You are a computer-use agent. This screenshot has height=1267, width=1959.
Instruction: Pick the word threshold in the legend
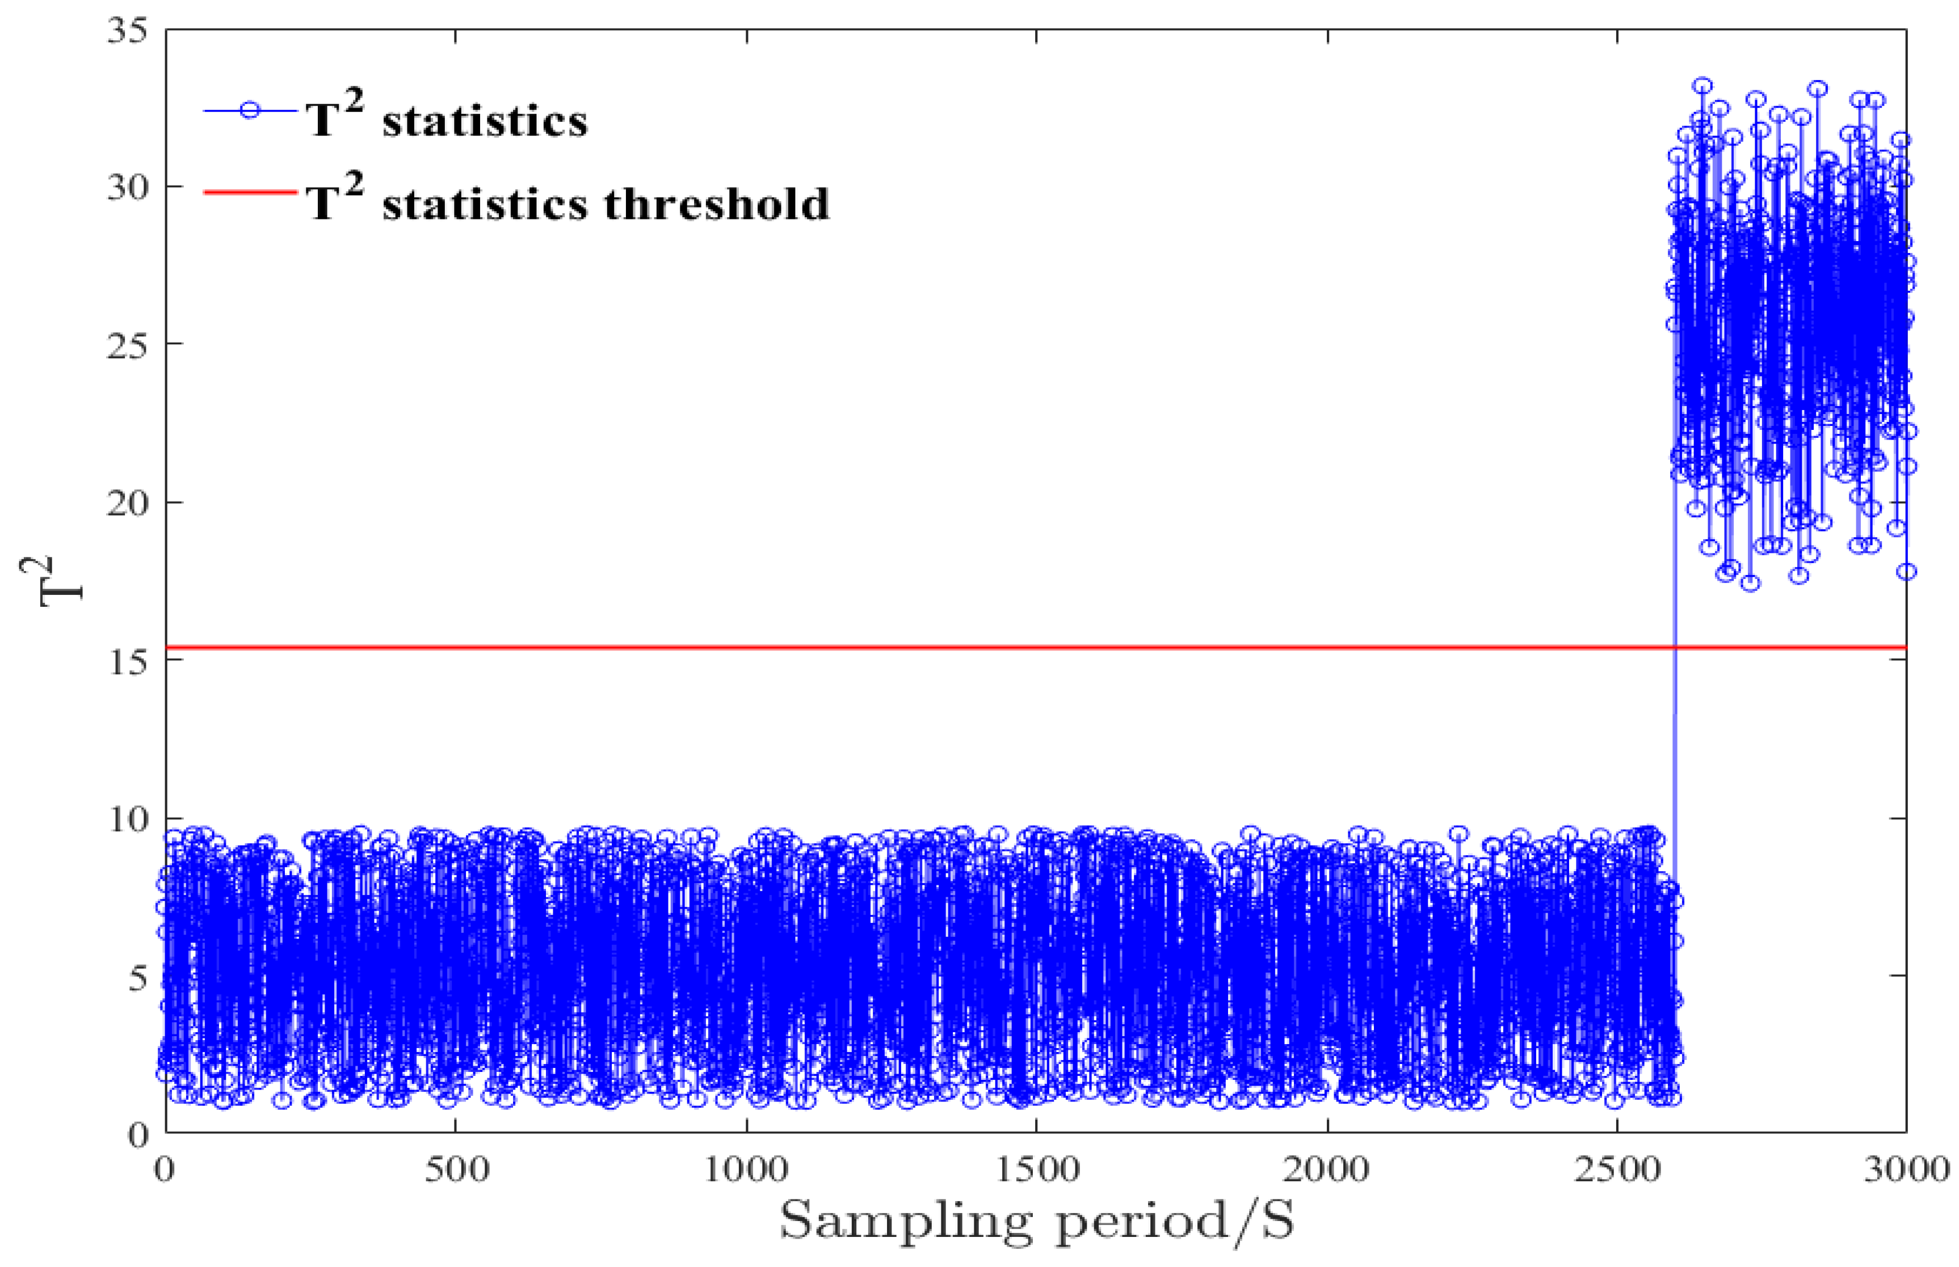click(x=716, y=203)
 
